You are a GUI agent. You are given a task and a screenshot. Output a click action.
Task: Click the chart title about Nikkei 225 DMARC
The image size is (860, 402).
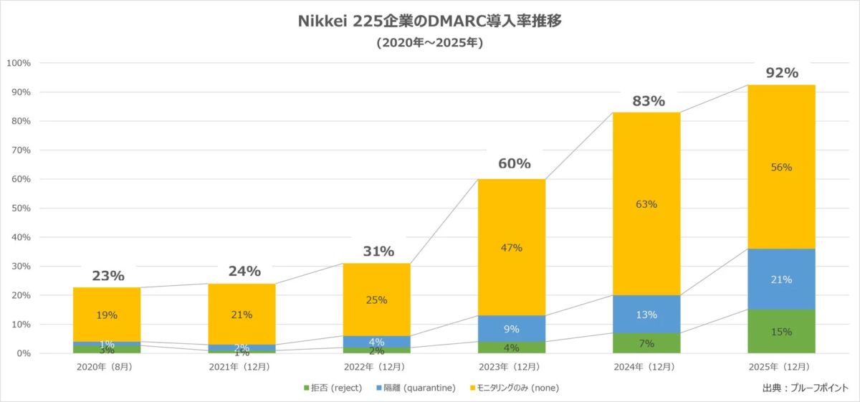point(429,21)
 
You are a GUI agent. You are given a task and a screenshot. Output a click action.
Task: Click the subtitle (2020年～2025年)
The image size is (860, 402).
point(429,43)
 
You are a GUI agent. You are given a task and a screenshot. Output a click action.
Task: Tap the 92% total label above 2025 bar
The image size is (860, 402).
point(781,72)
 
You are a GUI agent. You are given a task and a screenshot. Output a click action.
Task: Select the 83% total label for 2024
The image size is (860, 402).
point(646,101)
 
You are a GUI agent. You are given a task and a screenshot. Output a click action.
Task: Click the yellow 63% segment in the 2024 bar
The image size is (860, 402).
point(646,204)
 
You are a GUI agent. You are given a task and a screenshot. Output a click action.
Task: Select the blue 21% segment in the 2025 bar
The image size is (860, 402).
point(781,279)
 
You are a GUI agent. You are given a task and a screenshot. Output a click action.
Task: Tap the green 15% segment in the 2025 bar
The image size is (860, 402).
point(781,332)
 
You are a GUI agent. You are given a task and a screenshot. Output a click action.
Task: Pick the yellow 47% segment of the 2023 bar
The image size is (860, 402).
point(512,247)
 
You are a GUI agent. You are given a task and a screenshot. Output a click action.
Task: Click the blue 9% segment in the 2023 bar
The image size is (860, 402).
point(512,330)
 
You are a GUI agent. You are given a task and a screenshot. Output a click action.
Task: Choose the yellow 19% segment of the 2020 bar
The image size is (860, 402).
point(107,315)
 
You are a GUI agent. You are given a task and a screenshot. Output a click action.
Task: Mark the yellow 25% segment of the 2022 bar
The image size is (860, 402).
point(377,300)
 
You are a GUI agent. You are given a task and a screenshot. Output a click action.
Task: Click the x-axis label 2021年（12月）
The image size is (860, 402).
point(242,367)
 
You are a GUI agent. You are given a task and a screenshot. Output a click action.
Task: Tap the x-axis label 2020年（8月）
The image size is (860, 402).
point(107,367)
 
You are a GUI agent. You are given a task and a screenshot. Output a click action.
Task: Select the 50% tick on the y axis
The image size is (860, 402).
point(19,209)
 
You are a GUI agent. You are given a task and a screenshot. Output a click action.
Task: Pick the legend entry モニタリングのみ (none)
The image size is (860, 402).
point(512,388)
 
